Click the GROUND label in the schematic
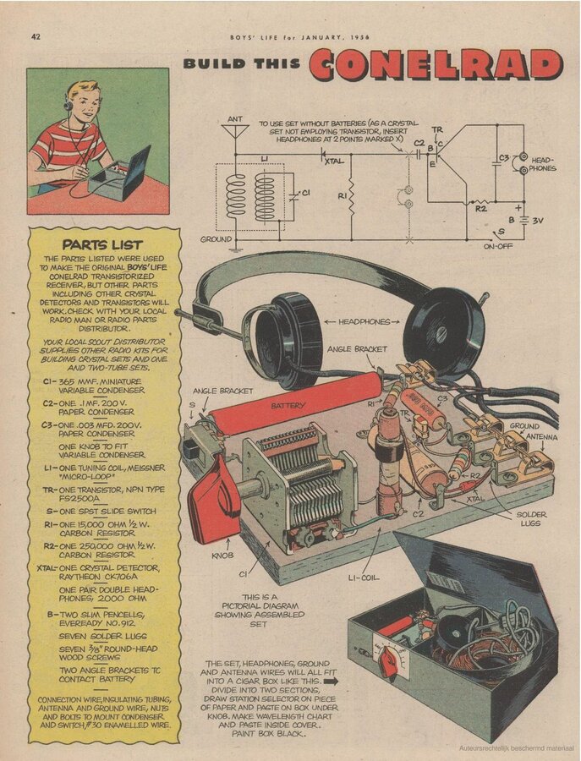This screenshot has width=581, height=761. [217, 239]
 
